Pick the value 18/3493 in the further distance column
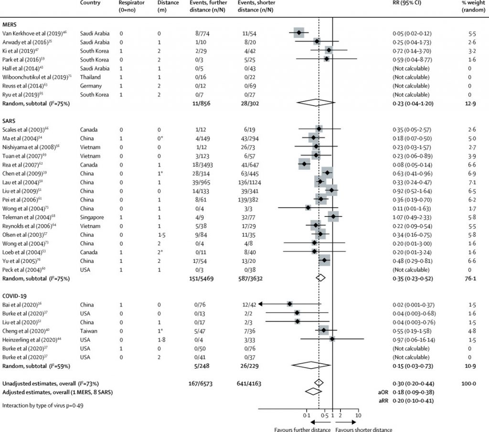201,164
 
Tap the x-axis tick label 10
358,415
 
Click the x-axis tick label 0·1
306,415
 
